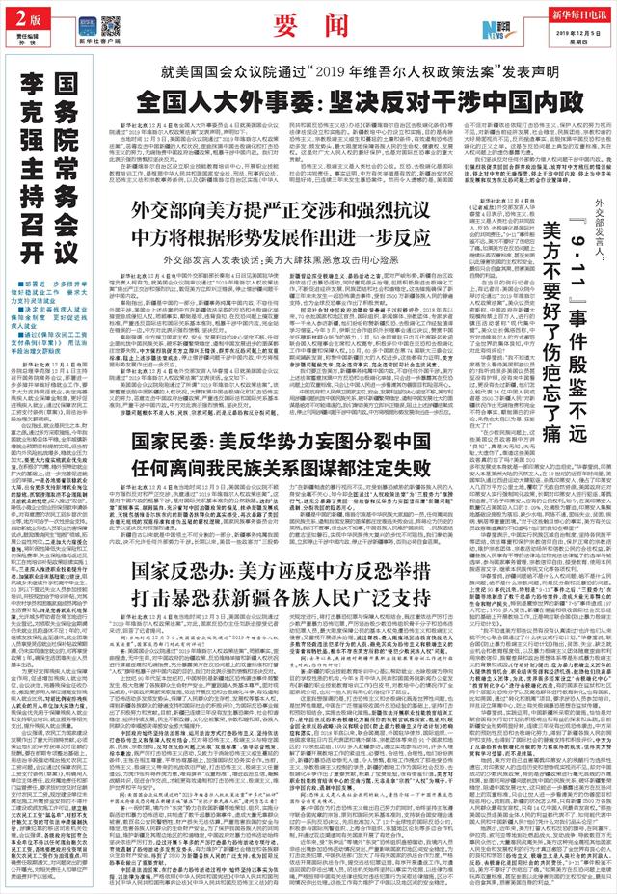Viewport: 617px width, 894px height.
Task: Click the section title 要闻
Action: point(308,23)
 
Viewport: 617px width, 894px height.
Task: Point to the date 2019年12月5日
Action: point(578,34)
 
